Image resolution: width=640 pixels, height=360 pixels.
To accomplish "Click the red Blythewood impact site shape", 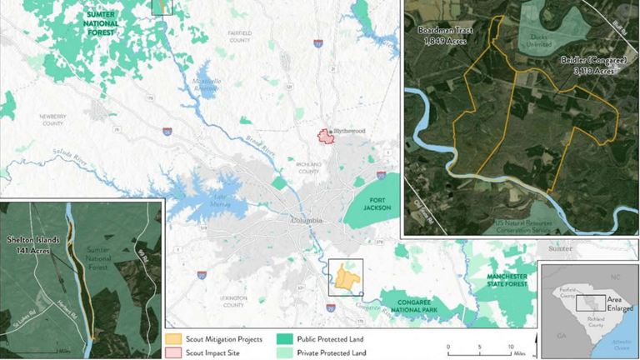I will tap(324, 136).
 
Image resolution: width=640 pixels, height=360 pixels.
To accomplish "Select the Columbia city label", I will tap(306, 220).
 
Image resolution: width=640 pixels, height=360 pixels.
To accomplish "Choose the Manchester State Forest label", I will tap(507, 279).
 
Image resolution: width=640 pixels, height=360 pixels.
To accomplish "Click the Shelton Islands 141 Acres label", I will tap(31, 245).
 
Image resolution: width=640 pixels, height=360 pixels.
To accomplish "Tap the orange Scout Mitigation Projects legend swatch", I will tap(173, 339).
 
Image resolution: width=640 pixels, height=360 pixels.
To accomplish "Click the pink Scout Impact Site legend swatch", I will tap(173, 352).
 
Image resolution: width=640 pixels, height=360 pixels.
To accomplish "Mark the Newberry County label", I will tap(52, 119).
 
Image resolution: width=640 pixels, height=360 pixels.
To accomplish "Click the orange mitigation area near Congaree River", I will tap(345, 277).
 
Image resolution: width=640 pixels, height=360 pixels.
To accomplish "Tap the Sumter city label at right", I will tap(559, 248).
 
